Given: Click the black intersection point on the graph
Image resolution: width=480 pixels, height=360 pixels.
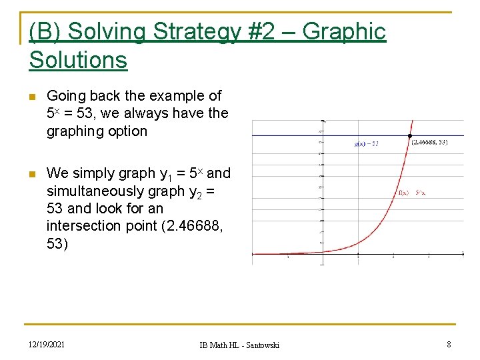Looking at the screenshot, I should click(x=409, y=136).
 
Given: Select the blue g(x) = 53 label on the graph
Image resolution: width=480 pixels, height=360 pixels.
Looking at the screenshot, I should click(x=366, y=143).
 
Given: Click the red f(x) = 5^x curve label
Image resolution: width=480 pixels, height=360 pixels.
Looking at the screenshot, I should click(x=411, y=193).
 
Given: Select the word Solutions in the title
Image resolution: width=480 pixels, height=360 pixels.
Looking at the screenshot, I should click(x=78, y=60).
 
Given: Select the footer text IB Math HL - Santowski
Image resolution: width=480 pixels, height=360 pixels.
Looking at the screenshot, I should click(x=239, y=345).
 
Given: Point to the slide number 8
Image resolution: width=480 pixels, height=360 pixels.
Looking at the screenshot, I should click(x=449, y=344).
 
